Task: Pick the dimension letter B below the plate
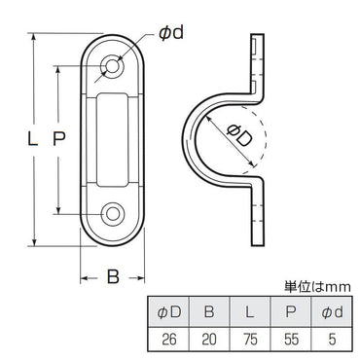pyautogui.click(x=113, y=276)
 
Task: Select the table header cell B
pyautogui.click(x=209, y=311)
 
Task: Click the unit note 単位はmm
pyautogui.click(x=316, y=288)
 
